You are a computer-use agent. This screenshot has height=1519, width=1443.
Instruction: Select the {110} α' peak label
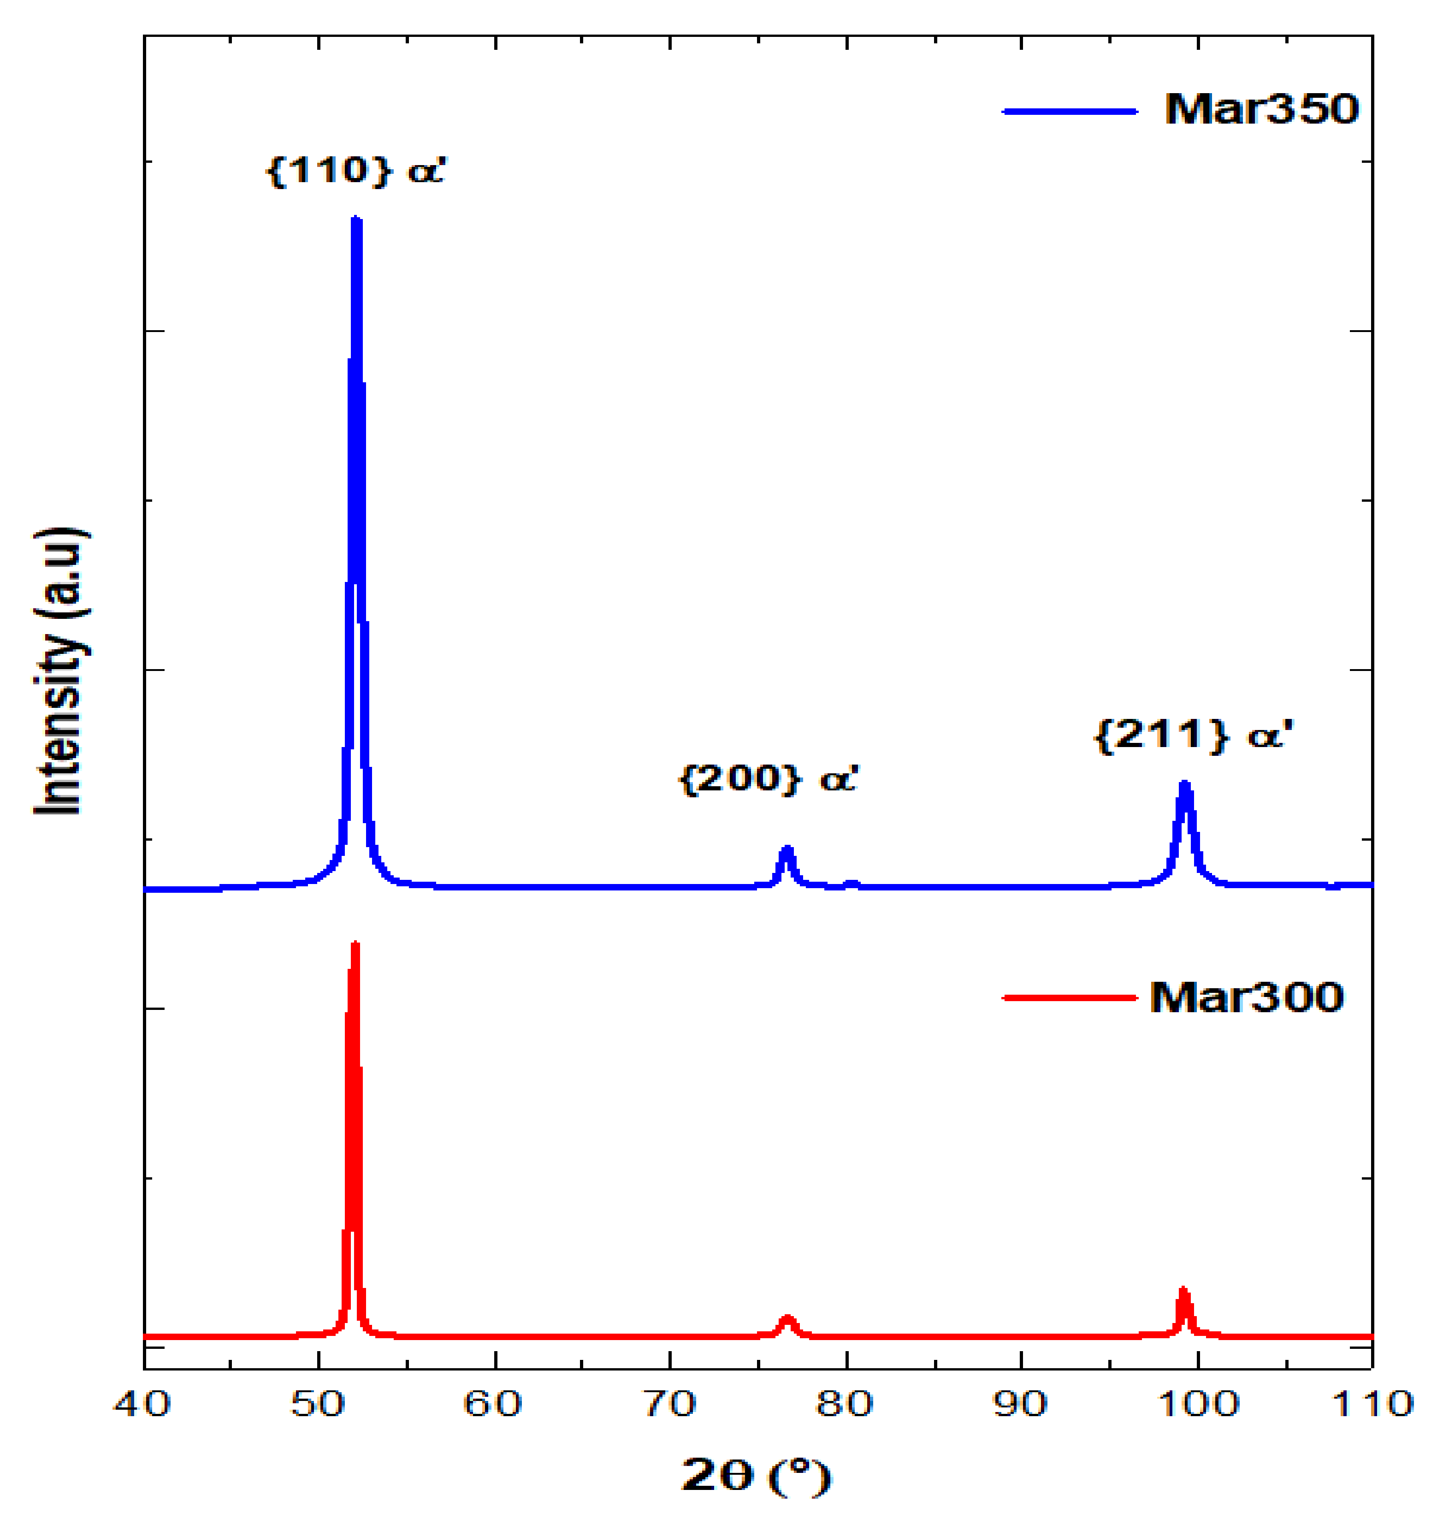click(x=355, y=170)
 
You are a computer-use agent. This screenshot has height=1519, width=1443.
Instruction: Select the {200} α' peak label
click(x=768, y=779)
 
